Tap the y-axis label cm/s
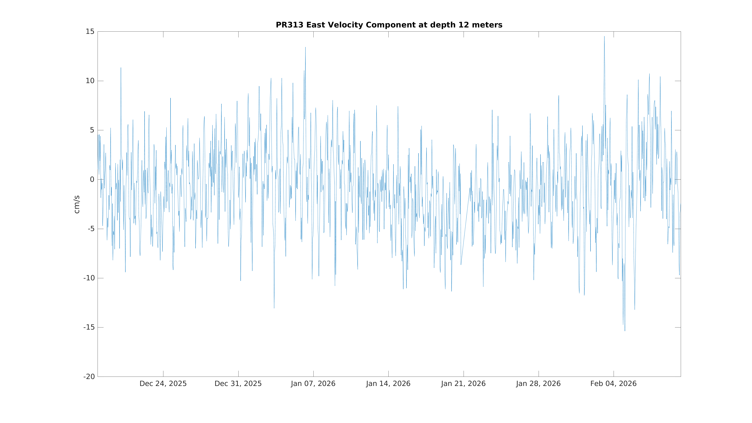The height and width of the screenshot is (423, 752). click(x=77, y=204)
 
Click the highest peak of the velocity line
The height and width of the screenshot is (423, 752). click(x=604, y=36)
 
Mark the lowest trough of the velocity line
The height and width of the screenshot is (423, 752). click(x=625, y=331)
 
